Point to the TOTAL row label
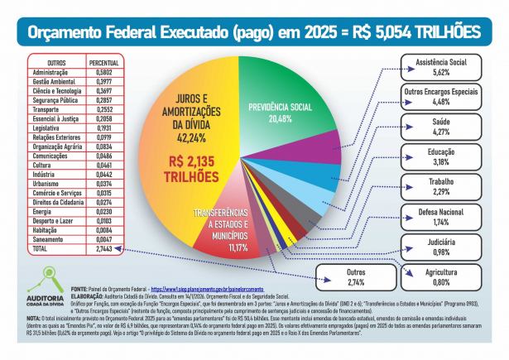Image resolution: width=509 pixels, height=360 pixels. pos(40,248)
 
